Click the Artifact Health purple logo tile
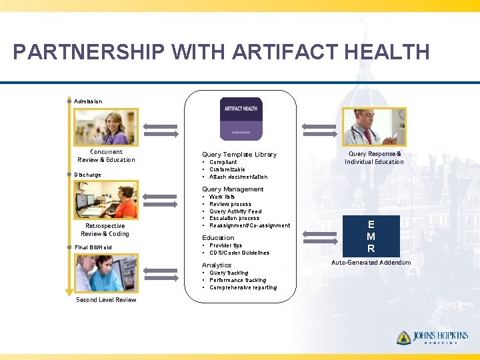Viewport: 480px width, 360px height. (x=241, y=119)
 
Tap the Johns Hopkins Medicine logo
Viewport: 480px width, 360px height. (x=432, y=338)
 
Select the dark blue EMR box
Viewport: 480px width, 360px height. (x=371, y=237)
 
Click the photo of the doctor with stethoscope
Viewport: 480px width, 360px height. (x=373, y=127)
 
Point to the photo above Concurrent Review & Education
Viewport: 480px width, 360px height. (x=106, y=127)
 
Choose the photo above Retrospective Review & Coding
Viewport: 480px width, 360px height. (x=106, y=200)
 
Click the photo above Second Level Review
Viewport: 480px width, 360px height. (x=106, y=273)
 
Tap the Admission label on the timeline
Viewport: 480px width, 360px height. (x=88, y=101)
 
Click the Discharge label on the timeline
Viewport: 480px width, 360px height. (x=88, y=175)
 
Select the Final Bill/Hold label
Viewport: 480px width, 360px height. (x=93, y=247)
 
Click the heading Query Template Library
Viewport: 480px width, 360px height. (x=239, y=155)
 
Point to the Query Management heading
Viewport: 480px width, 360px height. (x=233, y=189)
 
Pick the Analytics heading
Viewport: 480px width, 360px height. (x=217, y=265)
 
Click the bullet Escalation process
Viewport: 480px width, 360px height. (x=234, y=218)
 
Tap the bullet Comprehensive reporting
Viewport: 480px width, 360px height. (x=243, y=287)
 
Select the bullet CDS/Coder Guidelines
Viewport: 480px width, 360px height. (x=239, y=253)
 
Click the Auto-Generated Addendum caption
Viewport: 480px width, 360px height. (x=371, y=263)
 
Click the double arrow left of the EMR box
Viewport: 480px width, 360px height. (x=316, y=234)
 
